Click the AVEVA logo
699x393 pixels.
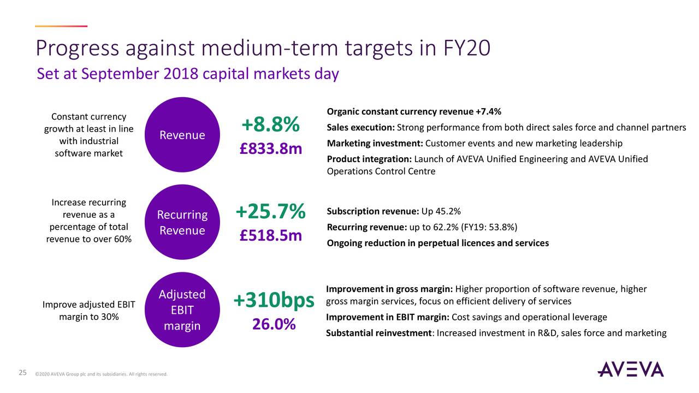(x=630, y=369)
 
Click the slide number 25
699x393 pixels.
(x=23, y=373)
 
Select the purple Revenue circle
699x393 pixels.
(x=182, y=135)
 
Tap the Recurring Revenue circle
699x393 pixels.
(x=182, y=223)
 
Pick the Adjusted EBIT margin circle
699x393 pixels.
(x=182, y=309)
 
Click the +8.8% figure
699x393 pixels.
(x=270, y=125)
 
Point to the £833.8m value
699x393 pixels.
(x=270, y=148)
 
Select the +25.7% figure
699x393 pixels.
(x=270, y=212)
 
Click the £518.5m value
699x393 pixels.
(x=270, y=235)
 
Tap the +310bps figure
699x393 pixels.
(x=274, y=300)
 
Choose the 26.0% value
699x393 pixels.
(x=274, y=324)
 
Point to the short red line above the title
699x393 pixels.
(x=61, y=26)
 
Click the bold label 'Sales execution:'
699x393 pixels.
(x=360, y=128)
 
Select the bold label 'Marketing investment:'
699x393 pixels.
(x=375, y=144)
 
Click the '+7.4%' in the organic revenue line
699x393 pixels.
(x=488, y=112)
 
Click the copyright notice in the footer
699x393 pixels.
(x=101, y=374)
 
